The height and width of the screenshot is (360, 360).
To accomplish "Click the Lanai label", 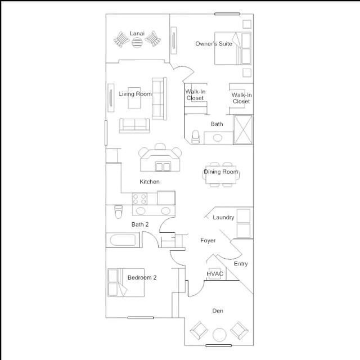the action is pos(137,34).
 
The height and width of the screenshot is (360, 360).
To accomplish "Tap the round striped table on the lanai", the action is pos(137,42).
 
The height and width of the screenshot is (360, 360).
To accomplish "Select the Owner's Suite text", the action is pos(214,44).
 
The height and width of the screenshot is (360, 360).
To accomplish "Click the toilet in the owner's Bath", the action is pos(195,137).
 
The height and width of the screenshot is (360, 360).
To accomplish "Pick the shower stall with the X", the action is pos(243,129).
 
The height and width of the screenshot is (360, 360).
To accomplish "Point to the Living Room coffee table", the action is pos(134,98).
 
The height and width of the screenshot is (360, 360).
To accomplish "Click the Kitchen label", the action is pos(150,182).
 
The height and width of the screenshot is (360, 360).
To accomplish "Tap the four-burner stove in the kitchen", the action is pos(139,199).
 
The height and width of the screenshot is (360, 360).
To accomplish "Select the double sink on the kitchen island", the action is pos(163,166).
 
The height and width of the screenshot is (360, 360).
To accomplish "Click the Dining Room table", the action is pos(221,175).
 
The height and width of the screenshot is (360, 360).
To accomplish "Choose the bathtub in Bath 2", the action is pos(123,240).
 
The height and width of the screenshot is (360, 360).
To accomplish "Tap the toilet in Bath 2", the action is pos(118,211).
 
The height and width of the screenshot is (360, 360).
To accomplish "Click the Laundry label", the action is pos(223,217).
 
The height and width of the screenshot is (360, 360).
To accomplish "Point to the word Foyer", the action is pos(208,240).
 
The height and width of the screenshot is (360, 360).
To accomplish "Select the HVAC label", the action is pos(215,274).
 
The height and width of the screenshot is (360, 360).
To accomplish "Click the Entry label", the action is pos(241,264).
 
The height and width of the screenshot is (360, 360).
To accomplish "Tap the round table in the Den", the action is pos(219,335).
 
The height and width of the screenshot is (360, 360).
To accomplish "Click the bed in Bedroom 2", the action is pos(126,282).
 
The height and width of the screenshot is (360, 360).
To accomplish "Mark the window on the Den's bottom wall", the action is pos(219,345).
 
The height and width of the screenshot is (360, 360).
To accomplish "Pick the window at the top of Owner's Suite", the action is pos(227,14).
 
